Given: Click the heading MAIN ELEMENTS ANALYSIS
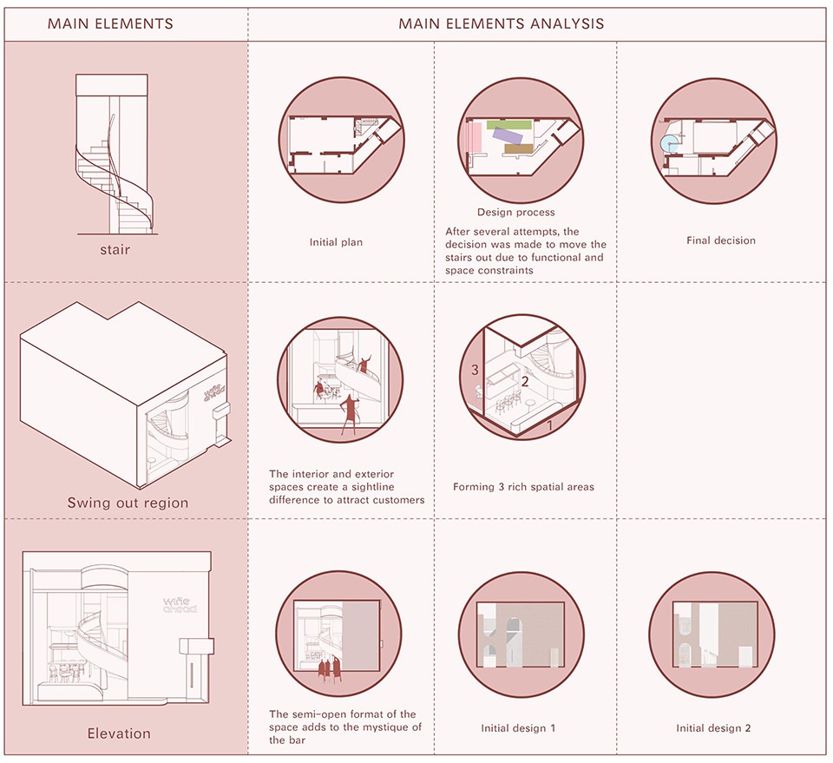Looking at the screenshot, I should (x=502, y=24).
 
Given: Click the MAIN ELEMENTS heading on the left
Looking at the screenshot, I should (x=110, y=24).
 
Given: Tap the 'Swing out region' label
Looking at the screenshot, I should (x=128, y=503).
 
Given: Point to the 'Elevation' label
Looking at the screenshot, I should (x=119, y=733).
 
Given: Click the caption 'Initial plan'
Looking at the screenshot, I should (x=336, y=242).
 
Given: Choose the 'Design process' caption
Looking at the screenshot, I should (x=515, y=212).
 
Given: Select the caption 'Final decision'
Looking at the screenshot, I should (x=720, y=240).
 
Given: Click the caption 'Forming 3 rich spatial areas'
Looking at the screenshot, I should (x=523, y=487).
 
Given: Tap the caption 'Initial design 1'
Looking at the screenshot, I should (x=518, y=727).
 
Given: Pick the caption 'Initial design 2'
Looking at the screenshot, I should (x=714, y=727).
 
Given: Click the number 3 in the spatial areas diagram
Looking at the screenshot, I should (x=475, y=370).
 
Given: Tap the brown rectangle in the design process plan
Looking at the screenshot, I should (x=517, y=149).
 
